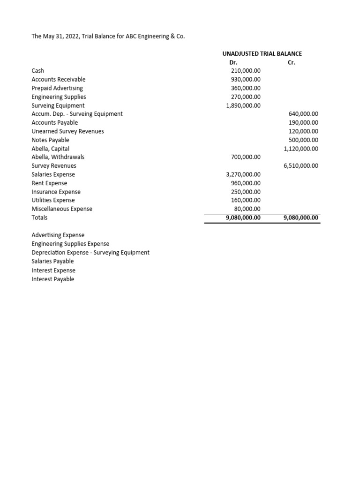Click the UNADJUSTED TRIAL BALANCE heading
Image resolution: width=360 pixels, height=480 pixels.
pos(262,54)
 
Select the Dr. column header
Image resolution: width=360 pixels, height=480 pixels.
pos(233,62)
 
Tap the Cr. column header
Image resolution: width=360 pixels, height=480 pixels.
pos(291,62)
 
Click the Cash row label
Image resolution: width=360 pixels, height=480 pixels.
pos(38,71)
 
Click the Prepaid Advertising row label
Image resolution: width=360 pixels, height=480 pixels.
pos(57,88)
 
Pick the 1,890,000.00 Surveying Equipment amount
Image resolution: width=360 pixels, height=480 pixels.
pos(243,105)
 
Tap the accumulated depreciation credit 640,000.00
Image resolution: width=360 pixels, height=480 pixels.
pos(303,114)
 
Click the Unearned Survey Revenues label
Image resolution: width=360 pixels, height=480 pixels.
pos(67,131)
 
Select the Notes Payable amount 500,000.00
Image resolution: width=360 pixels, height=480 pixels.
pos(303,140)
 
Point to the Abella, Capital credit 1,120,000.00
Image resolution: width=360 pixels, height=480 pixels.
pos(301,149)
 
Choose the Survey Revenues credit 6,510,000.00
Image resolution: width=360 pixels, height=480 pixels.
pos(301,165)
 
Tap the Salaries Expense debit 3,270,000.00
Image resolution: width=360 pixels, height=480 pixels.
pos(243,174)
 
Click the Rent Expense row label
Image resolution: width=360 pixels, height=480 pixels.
pos(49,183)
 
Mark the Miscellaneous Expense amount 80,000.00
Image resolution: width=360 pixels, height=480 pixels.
pos(247,209)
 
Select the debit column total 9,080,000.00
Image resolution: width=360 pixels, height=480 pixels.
pos(243,217)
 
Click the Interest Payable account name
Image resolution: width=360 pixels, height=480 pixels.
pos(52,279)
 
